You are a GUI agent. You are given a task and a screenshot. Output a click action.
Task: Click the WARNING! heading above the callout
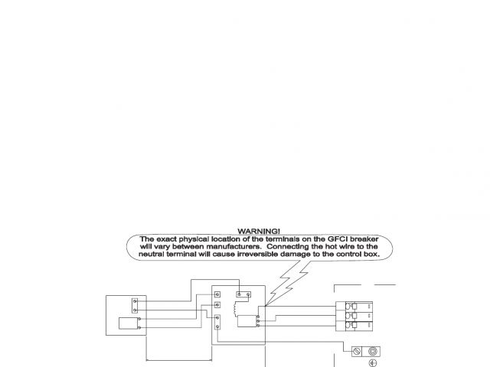(x=259, y=230)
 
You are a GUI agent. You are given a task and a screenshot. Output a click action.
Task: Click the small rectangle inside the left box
(x=126, y=323)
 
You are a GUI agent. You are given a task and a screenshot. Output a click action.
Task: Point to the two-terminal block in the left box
(x=135, y=304)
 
